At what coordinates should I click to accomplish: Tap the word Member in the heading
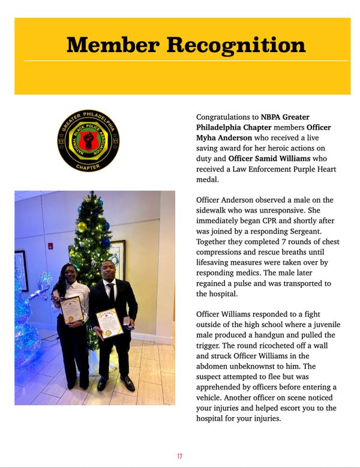(x=113, y=44)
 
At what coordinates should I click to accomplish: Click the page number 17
(x=179, y=457)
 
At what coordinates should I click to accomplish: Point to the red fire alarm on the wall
(x=50, y=245)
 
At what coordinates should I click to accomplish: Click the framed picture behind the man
(x=119, y=258)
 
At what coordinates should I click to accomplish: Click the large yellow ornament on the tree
(x=82, y=226)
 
